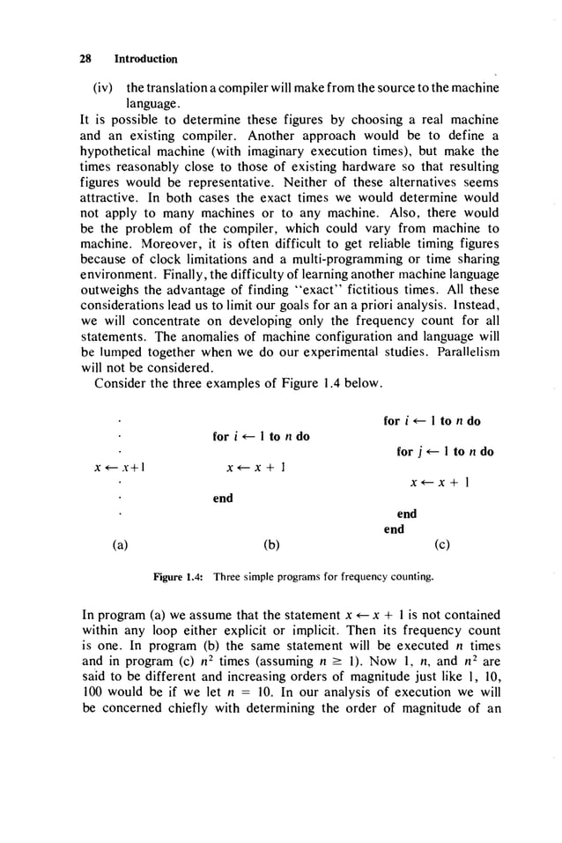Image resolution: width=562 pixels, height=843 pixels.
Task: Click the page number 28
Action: pyautogui.click(x=85, y=59)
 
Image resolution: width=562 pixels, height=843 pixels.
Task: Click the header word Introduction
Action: pyautogui.click(x=146, y=59)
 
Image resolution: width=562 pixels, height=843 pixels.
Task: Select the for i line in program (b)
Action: pyautogui.click(x=261, y=436)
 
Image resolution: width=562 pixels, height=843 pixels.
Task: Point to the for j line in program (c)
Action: pyautogui.click(x=445, y=452)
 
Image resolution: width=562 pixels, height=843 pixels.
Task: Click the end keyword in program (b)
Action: pyautogui.click(x=223, y=499)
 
